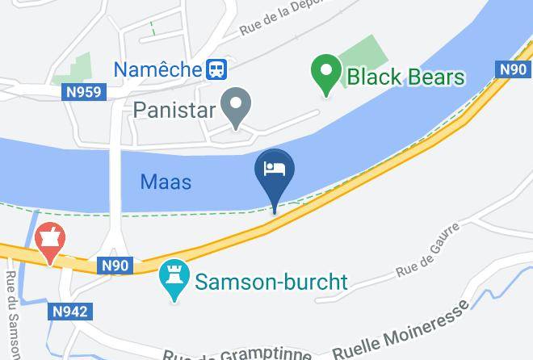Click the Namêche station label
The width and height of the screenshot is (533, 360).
pyautogui.click(x=157, y=69)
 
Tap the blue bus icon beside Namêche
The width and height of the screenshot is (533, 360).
pyautogui.click(x=216, y=69)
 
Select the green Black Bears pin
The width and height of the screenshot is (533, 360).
pyautogui.click(x=326, y=74)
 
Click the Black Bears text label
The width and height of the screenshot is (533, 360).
pyautogui.click(x=405, y=77)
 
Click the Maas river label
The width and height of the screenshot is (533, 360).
pyautogui.click(x=166, y=182)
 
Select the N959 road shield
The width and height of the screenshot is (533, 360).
pyautogui.click(x=84, y=93)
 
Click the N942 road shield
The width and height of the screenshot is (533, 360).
pyautogui.click(x=71, y=312)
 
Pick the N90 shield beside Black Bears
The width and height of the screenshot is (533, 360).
pyautogui.click(x=513, y=70)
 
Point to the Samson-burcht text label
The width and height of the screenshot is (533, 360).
pyautogui.click(x=271, y=283)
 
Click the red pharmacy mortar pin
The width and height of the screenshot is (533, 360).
pyautogui.click(x=50, y=241)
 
